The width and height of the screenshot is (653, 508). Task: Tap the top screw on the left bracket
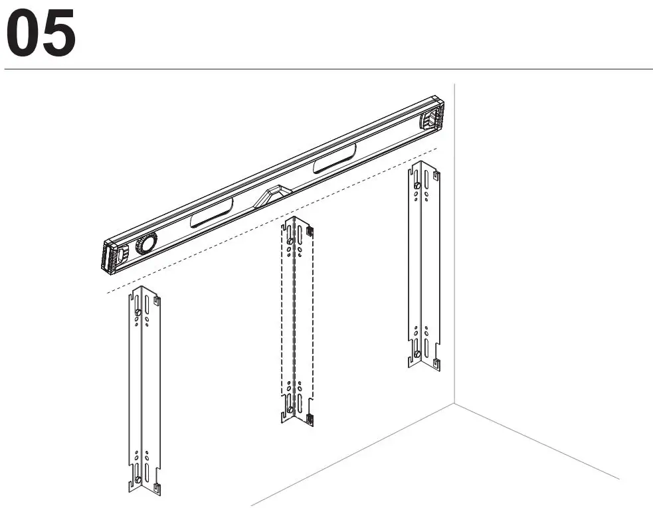tap(137, 313)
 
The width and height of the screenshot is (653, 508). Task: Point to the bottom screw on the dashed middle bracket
tap(290, 410)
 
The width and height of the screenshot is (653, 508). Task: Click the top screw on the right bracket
tap(417, 187)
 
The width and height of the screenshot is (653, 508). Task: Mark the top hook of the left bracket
tap(157, 301)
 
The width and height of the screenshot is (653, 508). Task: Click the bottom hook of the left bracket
tap(157, 489)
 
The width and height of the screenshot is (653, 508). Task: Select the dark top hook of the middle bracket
tap(310, 230)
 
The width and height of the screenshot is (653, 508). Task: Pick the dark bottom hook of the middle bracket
tap(310, 418)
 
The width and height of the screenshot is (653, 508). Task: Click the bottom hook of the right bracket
tap(436, 362)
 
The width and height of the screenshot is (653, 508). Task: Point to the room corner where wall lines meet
tap(454, 402)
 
